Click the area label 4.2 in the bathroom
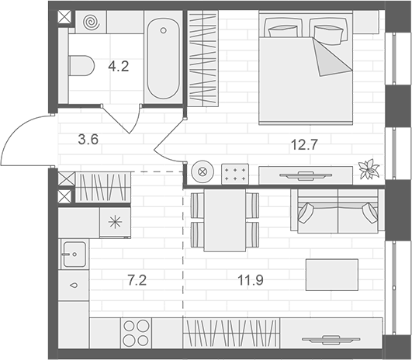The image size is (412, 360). pos(119,66)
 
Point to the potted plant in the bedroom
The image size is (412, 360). pos(368,168)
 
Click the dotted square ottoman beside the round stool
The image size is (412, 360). pos(234,173)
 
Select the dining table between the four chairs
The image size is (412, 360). pos(224,220)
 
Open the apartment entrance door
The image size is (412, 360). pos(28,140)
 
